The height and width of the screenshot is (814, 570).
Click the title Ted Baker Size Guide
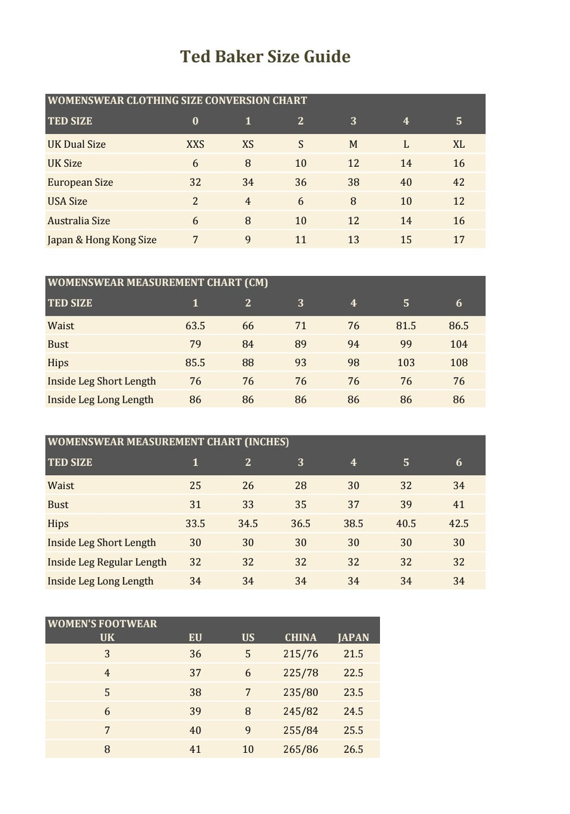point(265,56)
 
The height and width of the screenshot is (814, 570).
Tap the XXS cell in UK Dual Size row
point(195,144)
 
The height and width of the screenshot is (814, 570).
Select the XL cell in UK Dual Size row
point(458,144)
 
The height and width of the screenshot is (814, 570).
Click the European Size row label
point(80,182)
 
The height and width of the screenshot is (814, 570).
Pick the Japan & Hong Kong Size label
point(102,240)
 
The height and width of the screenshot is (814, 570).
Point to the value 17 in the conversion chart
point(458,240)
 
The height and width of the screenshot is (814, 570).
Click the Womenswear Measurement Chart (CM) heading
point(157,282)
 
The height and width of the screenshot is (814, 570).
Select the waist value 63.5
point(195,326)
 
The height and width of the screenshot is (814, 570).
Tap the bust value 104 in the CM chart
point(458,344)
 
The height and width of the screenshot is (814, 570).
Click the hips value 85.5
point(195,363)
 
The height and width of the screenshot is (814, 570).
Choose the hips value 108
point(458,363)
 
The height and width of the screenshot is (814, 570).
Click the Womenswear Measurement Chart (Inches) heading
point(168,442)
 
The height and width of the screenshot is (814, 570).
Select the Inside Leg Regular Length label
point(107,562)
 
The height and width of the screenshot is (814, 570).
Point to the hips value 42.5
point(458,523)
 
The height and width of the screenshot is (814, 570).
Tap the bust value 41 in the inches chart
point(458,504)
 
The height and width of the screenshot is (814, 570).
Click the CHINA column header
point(300,637)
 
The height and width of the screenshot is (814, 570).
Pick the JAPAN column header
point(353,637)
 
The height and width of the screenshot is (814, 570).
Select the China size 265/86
point(300,749)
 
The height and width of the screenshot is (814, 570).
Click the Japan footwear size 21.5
point(353,654)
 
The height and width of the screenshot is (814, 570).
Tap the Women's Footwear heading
point(102,624)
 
